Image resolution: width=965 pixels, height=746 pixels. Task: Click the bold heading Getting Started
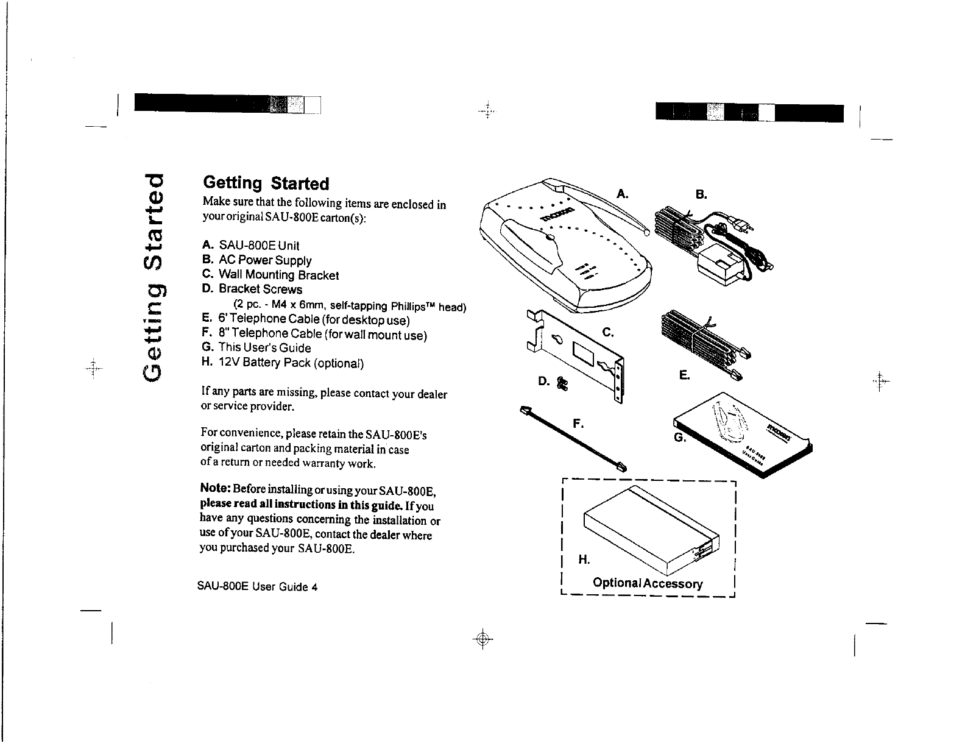click(266, 183)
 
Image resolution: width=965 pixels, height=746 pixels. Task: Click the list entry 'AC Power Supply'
click(257, 261)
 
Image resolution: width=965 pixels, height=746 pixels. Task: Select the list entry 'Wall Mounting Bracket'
click(270, 275)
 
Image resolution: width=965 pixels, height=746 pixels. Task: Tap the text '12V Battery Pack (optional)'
click(283, 363)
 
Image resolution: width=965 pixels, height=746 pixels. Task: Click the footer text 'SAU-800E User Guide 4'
click(258, 588)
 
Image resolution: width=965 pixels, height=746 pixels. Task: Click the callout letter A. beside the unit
click(623, 194)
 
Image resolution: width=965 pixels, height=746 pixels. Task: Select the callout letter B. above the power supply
click(701, 194)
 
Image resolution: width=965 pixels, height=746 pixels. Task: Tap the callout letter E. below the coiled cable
click(685, 375)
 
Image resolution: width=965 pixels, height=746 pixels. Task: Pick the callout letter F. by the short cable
click(579, 422)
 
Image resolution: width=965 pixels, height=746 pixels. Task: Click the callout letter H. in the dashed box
click(584, 559)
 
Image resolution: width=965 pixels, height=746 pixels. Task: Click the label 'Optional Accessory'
click(648, 583)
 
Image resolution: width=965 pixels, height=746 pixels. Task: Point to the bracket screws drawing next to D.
click(562, 385)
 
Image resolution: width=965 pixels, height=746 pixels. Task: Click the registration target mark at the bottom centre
click(482, 639)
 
